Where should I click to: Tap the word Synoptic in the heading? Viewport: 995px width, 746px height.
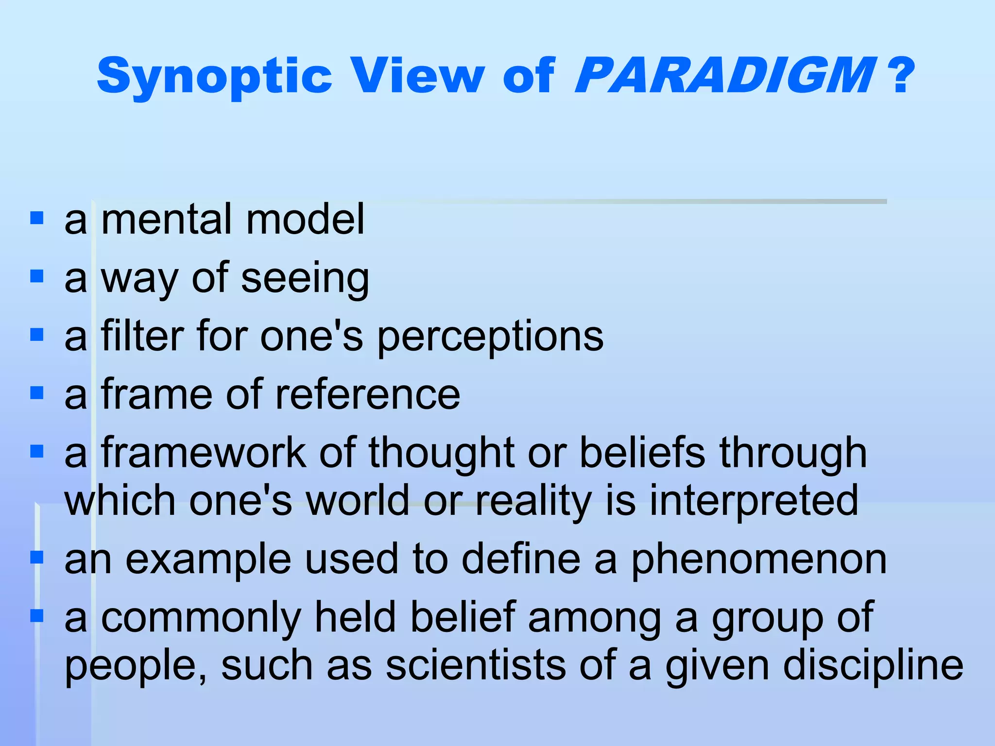214,77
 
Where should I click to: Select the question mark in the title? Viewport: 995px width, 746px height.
903,76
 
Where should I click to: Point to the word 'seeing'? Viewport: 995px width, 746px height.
305,279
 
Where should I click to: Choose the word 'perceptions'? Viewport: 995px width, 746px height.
490,338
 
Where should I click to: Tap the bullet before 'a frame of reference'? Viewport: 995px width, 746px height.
37,392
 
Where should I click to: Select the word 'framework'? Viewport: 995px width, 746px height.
204,453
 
